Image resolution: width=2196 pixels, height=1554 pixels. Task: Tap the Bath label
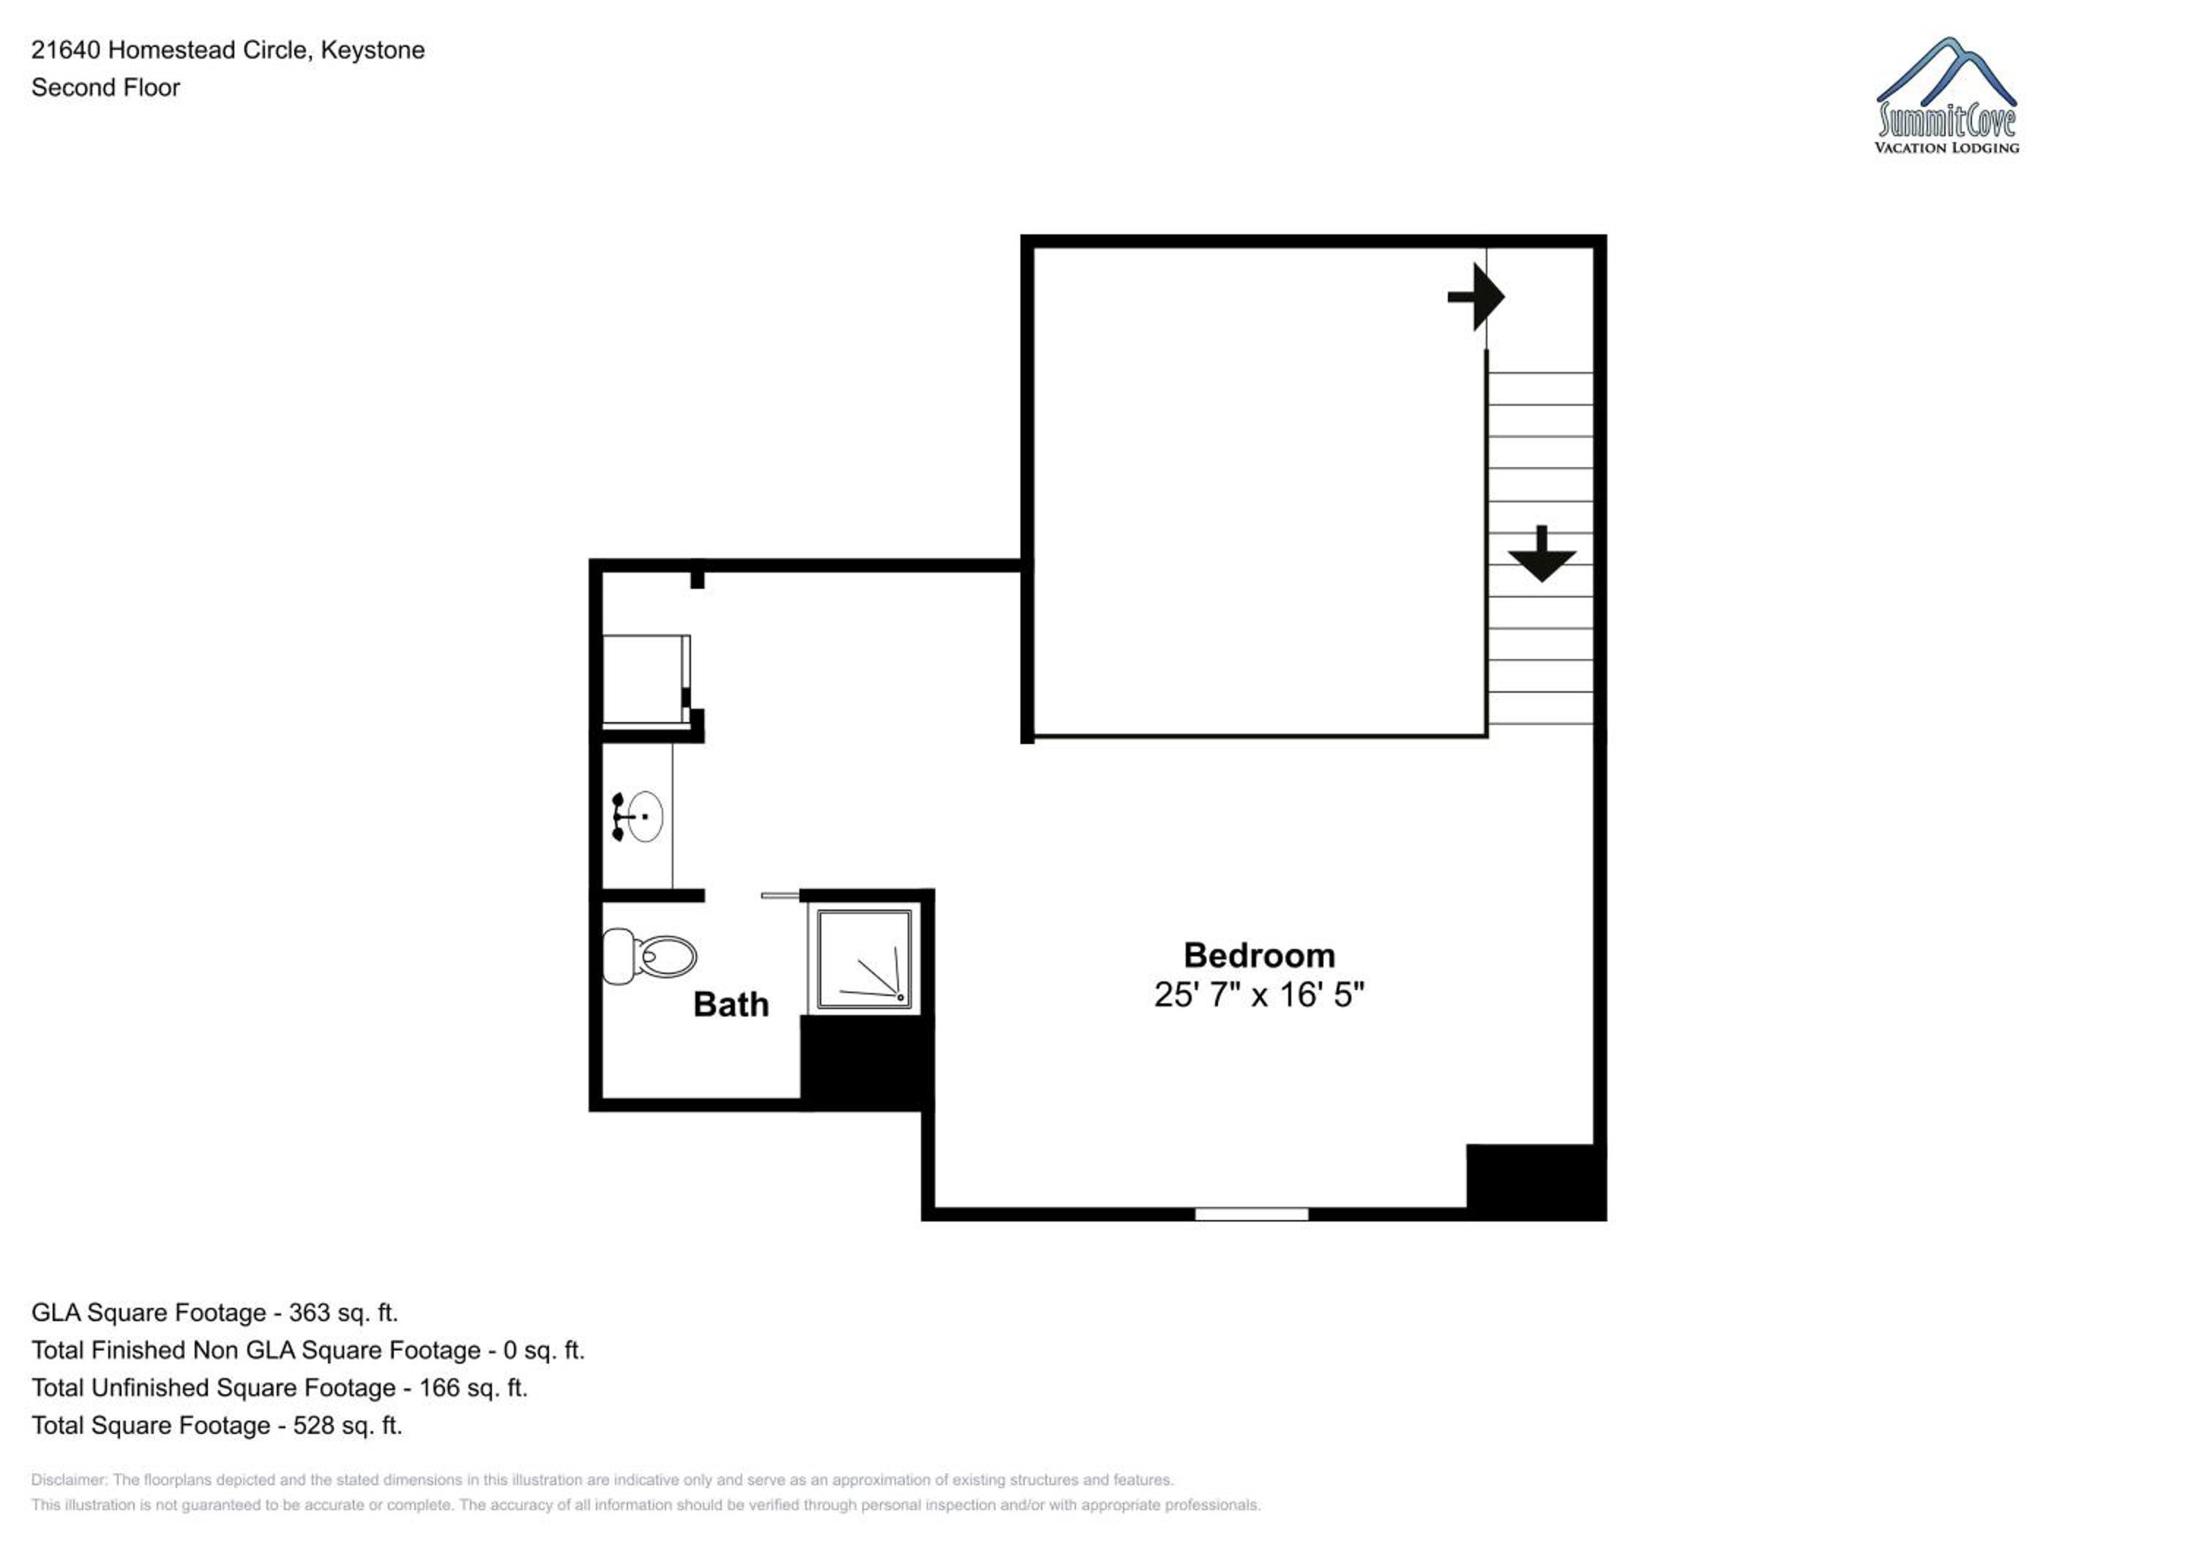731,1004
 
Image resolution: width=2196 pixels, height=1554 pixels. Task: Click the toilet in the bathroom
649,955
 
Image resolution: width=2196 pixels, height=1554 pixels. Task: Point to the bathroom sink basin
643,817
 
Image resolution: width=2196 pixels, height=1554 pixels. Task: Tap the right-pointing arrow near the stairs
1476,297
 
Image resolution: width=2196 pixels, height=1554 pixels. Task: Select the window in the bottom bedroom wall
1251,1214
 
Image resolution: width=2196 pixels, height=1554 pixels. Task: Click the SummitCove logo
1946,96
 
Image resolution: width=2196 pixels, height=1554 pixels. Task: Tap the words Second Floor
105,87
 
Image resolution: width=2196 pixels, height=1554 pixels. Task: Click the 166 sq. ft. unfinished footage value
474,1388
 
